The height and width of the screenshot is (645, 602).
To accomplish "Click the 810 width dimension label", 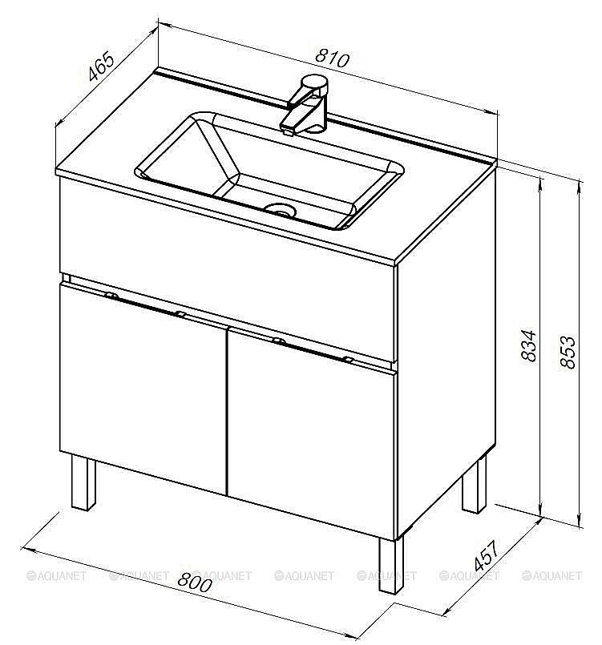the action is (332, 58).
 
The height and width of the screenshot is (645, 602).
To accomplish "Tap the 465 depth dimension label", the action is (101, 66).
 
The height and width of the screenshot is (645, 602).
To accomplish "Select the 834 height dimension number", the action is (529, 345).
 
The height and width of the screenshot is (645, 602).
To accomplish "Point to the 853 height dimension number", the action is (568, 352).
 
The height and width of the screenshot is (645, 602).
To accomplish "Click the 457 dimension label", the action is (487, 555).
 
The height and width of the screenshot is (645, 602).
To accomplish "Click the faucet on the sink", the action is (305, 104).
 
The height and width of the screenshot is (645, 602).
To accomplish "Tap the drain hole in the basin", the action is (281, 211).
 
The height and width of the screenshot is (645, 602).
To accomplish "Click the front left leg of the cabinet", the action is (83, 482).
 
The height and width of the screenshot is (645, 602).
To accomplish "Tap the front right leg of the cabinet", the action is (391, 566).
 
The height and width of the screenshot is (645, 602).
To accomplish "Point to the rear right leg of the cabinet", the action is (474, 485).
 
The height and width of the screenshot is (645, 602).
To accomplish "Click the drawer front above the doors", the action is (228, 272).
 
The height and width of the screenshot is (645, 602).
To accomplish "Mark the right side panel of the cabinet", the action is (446, 354).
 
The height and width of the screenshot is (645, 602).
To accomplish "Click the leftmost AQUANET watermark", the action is (56, 575).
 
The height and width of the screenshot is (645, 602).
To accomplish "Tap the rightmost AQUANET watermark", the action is (551, 575).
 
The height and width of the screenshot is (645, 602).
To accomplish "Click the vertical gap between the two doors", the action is (227, 411).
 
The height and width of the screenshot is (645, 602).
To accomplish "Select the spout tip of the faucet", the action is (287, 131).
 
